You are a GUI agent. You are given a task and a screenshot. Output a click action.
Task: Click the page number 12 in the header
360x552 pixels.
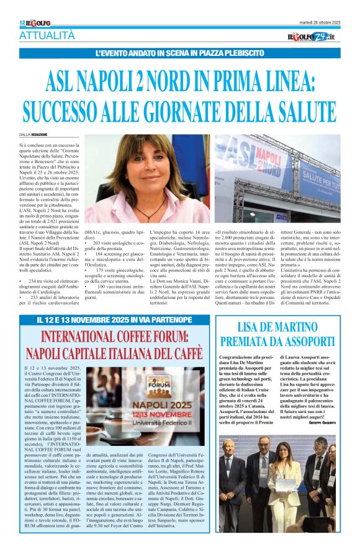click(22, 22)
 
